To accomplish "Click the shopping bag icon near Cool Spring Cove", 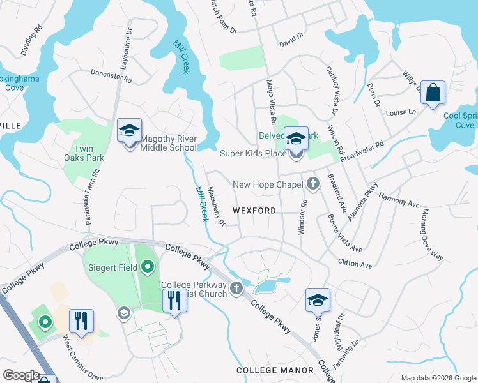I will point(433,93).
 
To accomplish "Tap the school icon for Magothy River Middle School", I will point(129,131).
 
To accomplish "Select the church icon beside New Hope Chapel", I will point(312,184).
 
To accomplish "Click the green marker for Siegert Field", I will point(148,266).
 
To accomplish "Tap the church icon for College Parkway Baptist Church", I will point(236,288).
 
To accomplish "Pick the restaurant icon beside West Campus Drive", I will point(81,320).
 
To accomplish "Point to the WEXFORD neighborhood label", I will point(254,210).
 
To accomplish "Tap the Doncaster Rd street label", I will point(111,77).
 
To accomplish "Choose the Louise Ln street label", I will point(401,112).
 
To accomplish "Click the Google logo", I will point(21,375).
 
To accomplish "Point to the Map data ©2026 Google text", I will point(438,377).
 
